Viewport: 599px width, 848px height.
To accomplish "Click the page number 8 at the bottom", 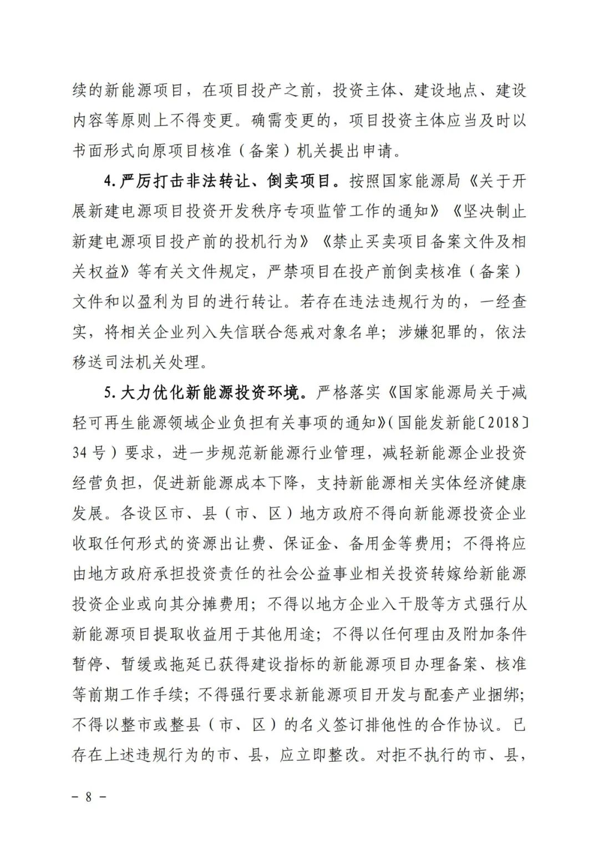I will [x=88, y=796].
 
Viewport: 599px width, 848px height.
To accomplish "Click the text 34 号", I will [x=89, y=453].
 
